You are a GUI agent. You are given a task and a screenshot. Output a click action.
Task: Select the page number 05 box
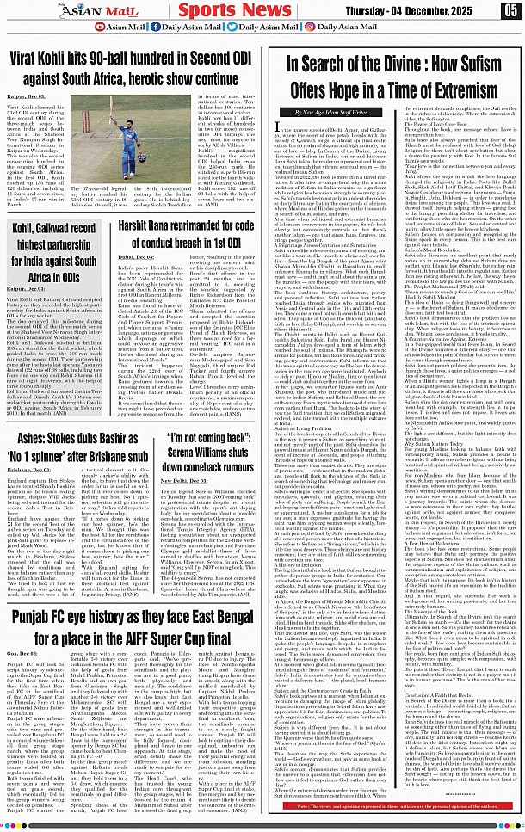click(x=511, y=10)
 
